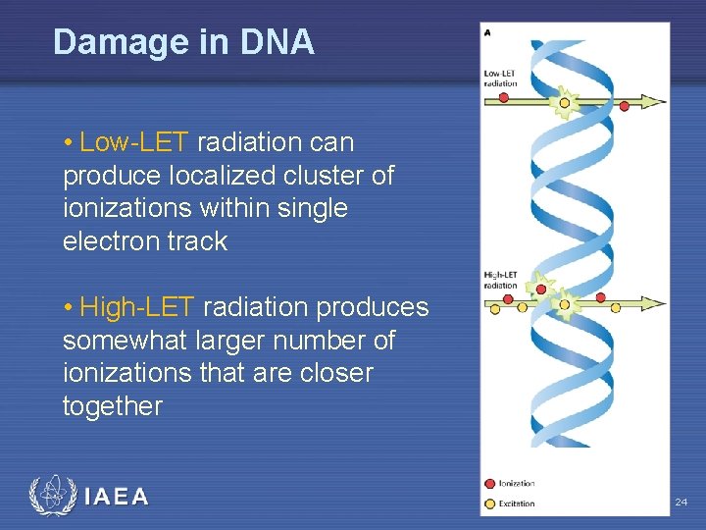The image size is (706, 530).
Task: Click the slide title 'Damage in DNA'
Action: (x=183, y=42)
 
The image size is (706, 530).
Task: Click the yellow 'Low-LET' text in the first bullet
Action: (x=133, y=142)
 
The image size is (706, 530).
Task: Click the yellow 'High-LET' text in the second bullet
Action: (x=136, y=307)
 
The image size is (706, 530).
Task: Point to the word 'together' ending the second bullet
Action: (x=113, y=406)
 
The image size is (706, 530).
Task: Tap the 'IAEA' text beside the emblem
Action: (x=117, y=497)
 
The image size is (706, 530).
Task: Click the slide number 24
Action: (x=681, y=503)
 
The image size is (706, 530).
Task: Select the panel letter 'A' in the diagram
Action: (x=487, y=32)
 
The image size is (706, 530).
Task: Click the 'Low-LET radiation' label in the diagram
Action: (x=500, y=79)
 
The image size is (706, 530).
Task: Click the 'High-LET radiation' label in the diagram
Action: (x=500, y=280)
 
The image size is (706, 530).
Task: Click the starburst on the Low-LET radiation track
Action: (x=565, y=100)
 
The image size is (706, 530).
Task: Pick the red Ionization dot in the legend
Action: (x=489, y=484)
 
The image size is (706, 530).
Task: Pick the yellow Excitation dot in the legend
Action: (x=489, y=503)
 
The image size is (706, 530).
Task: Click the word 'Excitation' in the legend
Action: (x=517, y=503)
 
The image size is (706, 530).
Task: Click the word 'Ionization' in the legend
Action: (x=517, y=484)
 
